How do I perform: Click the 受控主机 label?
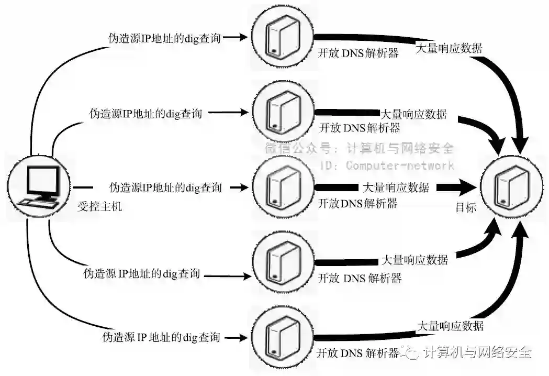tap(99, 207)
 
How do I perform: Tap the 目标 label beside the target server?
tap(466, 207)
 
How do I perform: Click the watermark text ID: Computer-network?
tap(387, 165)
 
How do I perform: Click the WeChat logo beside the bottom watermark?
tap(411, 352)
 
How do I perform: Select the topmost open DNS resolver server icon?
tap(283, 38)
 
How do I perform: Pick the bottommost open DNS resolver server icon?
tap(283, 335)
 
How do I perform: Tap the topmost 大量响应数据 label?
tap(449, 48)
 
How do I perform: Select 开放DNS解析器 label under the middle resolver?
tap(358, 203)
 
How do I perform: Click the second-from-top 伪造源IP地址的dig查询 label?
tap(145, 113)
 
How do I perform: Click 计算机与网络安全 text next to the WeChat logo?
tap(477, 352)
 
